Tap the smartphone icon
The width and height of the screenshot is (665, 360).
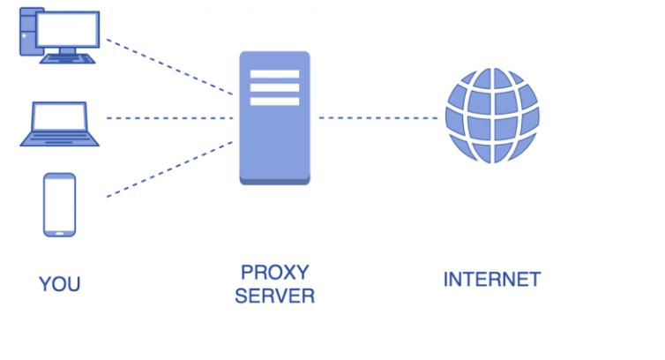pyautogui.click(x=59, y=205)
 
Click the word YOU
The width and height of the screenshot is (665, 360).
pyautogui.click(x=59, y=284)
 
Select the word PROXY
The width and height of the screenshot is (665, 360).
pyautogui.click(x=274, y=271)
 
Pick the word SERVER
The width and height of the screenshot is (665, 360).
pyautogui.click(x=274, y=296)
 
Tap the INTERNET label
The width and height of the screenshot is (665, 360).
pyautogui.click(x=491, y=281)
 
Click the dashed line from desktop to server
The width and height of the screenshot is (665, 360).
pyautogui.click(x=168, y=65)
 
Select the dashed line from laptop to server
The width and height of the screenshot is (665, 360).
pyautogui.click(x=168, y=117)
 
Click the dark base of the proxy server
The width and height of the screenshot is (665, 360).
pyautogui.click(x=274, y=179)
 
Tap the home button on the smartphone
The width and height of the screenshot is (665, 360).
pyautogui.click(x=59, y=233)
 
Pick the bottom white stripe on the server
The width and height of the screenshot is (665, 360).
pyautogui.click(x=274, y=101)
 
